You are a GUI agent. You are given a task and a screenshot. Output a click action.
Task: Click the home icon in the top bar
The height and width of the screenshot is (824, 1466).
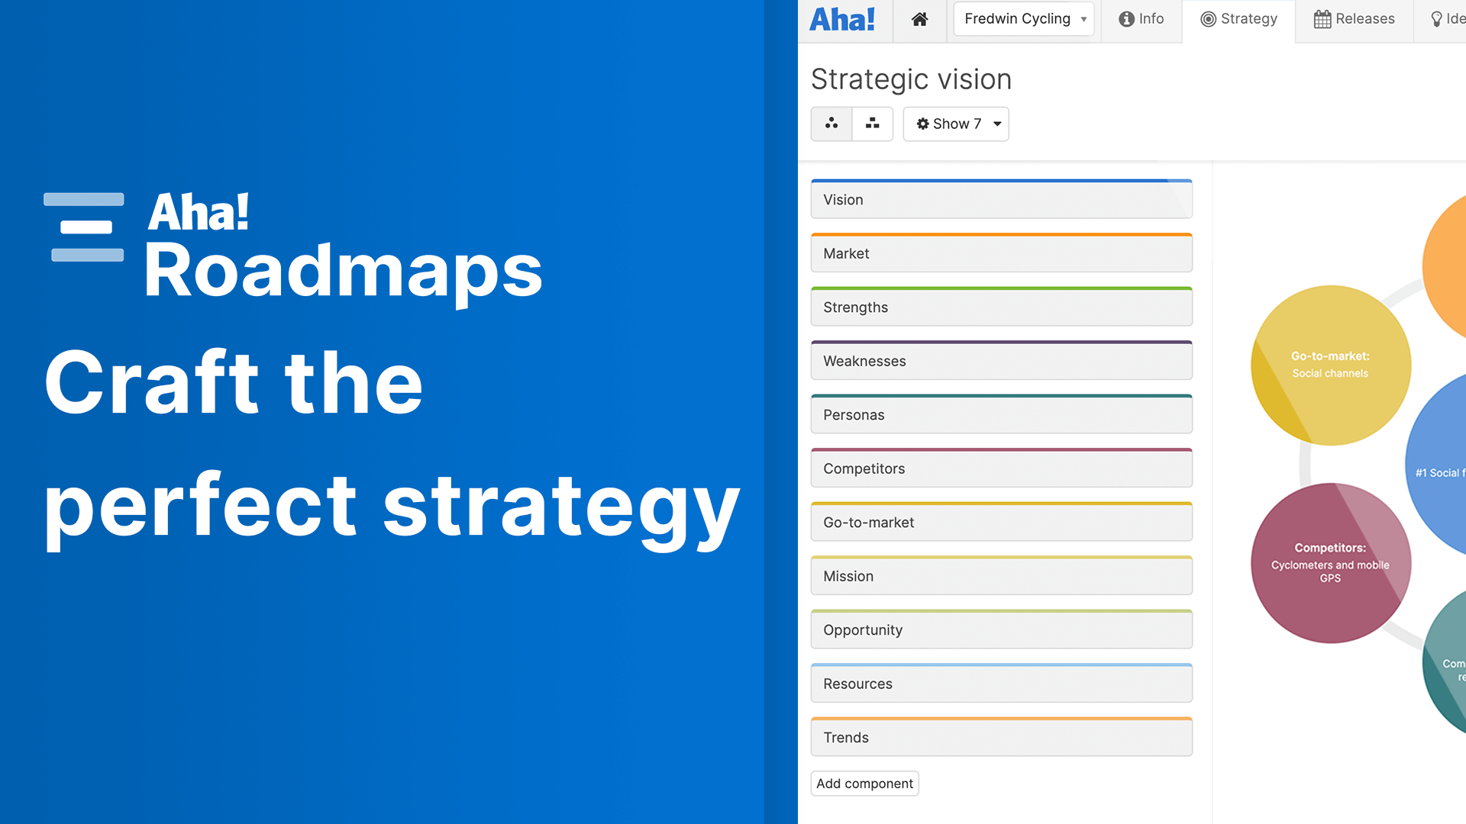click(x=919, y=19)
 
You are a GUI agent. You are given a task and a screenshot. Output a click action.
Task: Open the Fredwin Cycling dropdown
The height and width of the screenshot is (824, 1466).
click(x=1023, y=19)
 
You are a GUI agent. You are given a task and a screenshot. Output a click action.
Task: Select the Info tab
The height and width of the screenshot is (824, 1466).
click(x=1141, y=19)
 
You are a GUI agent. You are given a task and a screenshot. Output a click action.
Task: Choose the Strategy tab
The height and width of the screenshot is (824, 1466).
click(x=1238, y=19)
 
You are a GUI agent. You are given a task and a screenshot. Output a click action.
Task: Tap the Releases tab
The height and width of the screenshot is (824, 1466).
click(x=1354, y=19)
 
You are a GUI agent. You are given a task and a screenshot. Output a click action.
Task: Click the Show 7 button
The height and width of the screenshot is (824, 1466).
click(x=956, y=124)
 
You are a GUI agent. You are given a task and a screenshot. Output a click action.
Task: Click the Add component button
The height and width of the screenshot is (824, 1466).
click(x=864, y=784)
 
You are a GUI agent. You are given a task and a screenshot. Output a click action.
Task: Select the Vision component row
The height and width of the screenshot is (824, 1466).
click(x=1001, y=200)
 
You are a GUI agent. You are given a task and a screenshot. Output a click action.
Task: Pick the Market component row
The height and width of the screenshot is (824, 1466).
click(x=1001, y=253)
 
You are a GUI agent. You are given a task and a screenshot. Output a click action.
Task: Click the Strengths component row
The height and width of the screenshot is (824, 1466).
click(x=1001, y=307)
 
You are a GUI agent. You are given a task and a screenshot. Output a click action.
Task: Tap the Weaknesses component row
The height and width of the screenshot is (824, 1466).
click(x=1001, y=361)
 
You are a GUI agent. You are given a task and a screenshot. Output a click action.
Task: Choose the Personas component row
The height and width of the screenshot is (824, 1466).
click(x=1001, y=415)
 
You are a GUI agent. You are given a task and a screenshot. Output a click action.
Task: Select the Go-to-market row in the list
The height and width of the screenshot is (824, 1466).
click(x=1001, y=523)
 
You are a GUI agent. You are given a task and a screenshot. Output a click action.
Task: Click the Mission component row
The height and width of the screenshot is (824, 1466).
click(x=1001, y=576)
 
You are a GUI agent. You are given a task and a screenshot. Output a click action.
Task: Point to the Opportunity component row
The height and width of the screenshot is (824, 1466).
click(x=1001, y=630)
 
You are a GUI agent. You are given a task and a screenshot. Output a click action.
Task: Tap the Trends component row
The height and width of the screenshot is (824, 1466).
click(x=1001, y=738)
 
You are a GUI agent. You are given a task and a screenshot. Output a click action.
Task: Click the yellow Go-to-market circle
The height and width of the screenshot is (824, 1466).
click(x=1330, y=365)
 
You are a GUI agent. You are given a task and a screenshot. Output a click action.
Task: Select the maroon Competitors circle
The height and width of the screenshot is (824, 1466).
click(x=1330, y=563)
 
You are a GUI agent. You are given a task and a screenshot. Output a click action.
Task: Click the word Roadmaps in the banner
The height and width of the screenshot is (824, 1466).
click(x=343, y=271)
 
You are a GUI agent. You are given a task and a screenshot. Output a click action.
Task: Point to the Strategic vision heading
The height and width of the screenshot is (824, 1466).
click(x=911, y=79)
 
